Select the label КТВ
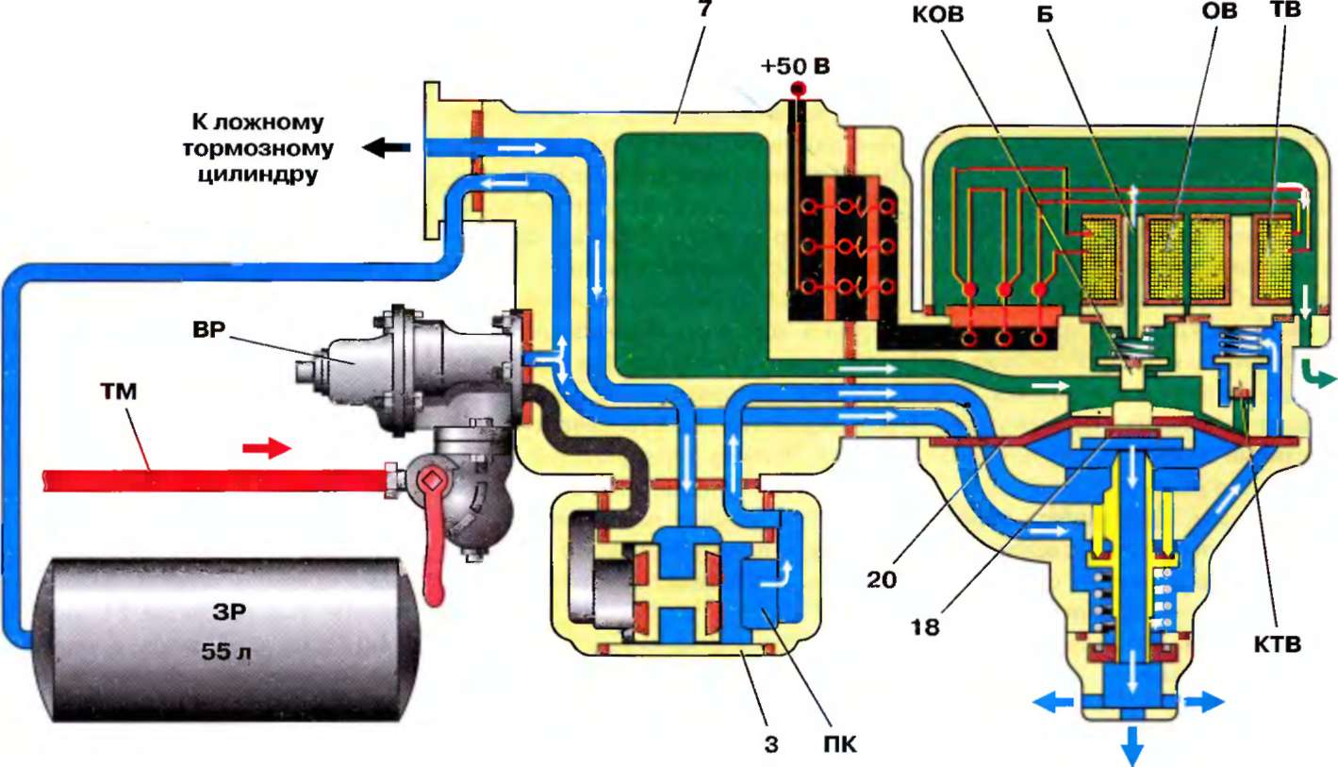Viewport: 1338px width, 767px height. pyautogui.click(x=1280, y=646)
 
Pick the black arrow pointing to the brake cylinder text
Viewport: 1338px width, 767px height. pyautogui.click(x=389, y=146)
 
